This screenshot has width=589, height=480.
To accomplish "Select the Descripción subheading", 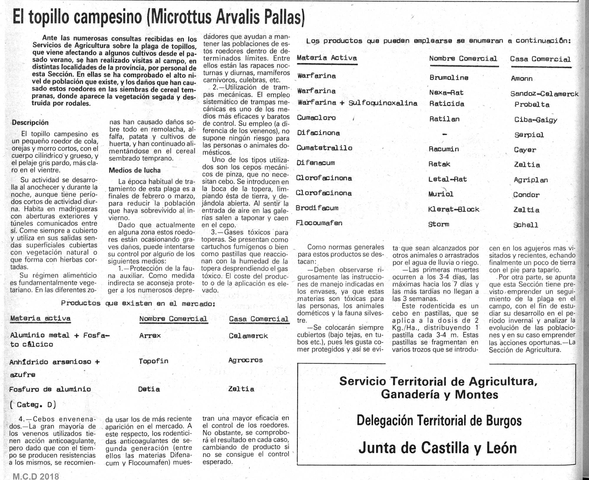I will click(30, 123).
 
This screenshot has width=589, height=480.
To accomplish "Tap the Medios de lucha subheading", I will click(135, 170).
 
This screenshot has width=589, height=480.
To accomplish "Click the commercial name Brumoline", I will click(449, 78).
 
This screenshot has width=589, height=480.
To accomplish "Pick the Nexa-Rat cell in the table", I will click(446, 93).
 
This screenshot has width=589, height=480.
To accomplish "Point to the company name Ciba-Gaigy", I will click(536, 120).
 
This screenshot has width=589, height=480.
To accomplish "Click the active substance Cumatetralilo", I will click(324, 148).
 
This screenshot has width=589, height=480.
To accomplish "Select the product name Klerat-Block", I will click(454, 209).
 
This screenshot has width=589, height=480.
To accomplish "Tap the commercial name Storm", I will click(439, 224).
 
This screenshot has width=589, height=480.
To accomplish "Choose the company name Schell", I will click(526, 225).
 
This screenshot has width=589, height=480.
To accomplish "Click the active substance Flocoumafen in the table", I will click(319, 223).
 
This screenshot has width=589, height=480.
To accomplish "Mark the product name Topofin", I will click(153, 361).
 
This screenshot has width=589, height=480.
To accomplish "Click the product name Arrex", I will click(150, 335).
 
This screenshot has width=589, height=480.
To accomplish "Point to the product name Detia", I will click(149, 389).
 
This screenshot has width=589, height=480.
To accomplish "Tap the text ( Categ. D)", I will click(32, 405).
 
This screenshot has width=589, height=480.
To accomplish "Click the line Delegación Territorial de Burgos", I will click(439, 421).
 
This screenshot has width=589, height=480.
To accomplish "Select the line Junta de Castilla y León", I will click(437, 448).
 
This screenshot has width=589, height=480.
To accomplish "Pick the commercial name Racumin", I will click(444, 149).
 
